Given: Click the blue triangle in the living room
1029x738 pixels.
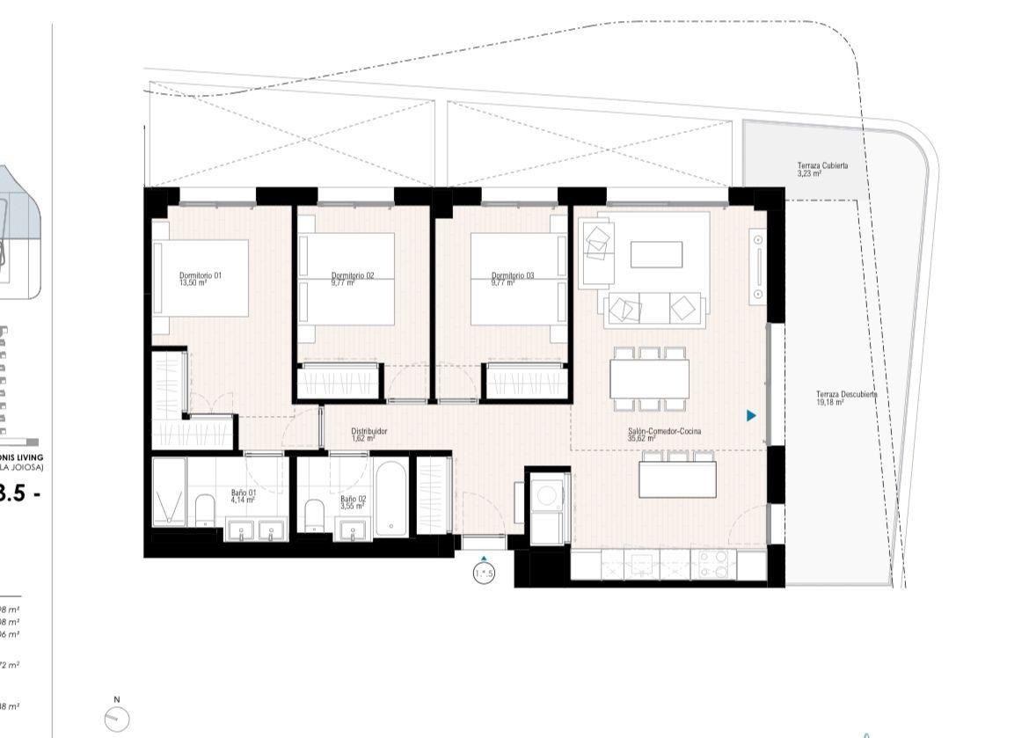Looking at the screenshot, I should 751,415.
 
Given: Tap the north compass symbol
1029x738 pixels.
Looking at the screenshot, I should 117,720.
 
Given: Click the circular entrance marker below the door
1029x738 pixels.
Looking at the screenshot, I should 484,574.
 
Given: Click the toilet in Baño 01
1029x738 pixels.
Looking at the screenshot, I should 205,511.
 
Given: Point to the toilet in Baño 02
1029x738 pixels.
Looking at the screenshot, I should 314,515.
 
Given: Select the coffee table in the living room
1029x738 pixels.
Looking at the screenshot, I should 656,254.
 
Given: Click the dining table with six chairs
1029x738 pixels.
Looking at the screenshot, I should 651,379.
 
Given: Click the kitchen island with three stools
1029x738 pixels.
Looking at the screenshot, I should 677,479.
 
